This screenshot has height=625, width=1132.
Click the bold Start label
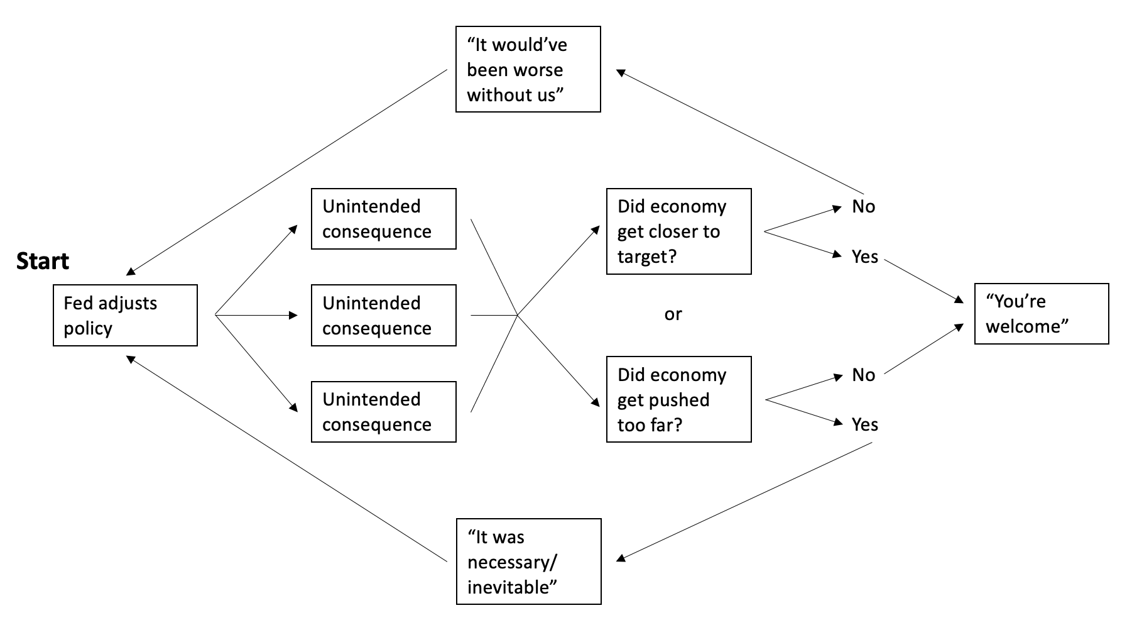point(43,262)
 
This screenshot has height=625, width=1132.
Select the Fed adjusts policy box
point(125,316)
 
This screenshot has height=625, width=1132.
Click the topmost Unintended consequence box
point(383,219)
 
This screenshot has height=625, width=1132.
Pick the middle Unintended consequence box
point(383,316)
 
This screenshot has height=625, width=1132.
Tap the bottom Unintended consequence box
point(383,412)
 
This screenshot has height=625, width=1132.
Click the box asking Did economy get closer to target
point(678,231)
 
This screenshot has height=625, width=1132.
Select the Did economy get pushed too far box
point(678,399)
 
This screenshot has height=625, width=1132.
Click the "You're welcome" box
point(1041,314)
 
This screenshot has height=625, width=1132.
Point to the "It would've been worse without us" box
point(528,69)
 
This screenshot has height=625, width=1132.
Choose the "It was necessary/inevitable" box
point(528,561)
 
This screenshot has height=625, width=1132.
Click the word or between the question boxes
point(673,314)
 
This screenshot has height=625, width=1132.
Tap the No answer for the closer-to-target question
point(863,206)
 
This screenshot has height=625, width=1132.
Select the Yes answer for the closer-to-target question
point(864,257)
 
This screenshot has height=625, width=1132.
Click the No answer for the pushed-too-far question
point(863,375)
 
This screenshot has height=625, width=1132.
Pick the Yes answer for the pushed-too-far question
point(864,424)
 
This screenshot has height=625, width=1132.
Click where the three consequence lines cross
point(517,315)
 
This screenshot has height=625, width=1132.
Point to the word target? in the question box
point(646,257)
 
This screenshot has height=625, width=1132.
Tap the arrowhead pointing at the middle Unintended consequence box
point(293,315)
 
